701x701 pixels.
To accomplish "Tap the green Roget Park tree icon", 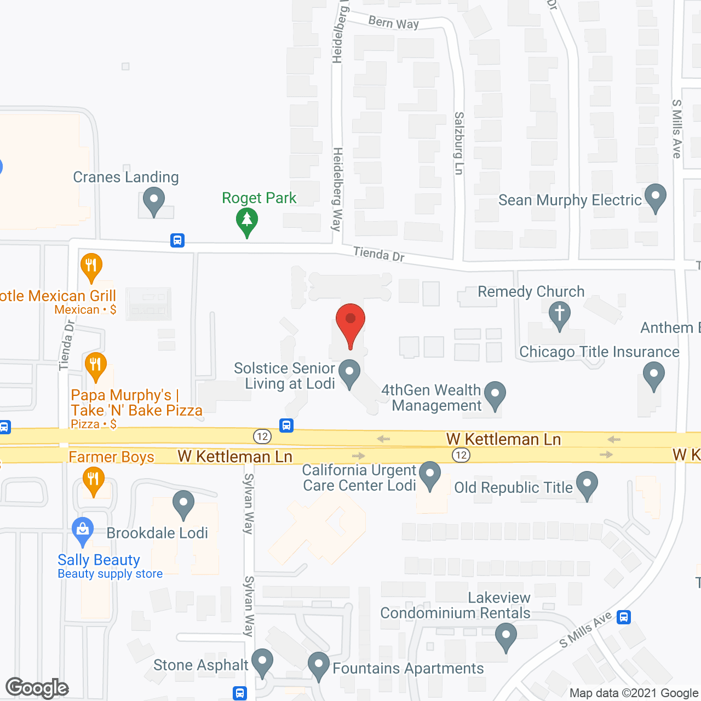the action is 247,222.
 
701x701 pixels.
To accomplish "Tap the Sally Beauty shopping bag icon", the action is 83,531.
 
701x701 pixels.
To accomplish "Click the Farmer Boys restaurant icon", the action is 94,480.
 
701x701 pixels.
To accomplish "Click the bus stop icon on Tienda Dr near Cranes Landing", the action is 177,240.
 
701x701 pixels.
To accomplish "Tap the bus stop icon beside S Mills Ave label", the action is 624,617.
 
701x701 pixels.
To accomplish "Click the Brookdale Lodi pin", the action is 183,504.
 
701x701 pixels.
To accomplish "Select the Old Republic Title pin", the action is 587,485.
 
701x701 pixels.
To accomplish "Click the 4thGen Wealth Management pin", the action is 495,394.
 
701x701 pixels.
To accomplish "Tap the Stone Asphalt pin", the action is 262,662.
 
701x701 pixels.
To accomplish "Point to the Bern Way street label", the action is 393,22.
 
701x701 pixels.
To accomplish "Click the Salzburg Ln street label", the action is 459,143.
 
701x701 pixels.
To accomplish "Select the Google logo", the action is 37,688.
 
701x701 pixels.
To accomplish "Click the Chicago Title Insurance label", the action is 599,352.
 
